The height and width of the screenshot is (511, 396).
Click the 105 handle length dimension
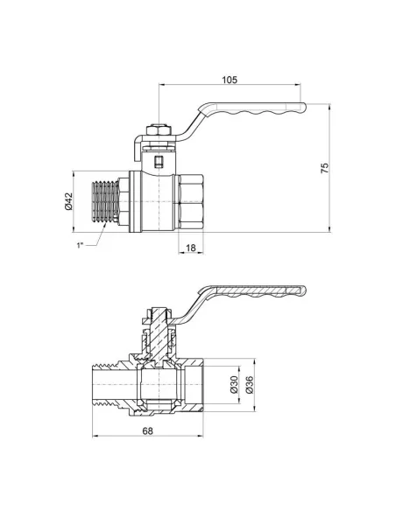[230, 79]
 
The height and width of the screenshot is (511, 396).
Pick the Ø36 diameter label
[251, 384]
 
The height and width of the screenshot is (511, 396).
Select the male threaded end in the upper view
[107, 201]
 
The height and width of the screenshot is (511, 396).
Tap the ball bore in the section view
[158, 385]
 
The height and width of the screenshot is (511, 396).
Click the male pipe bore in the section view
[110, 385]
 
